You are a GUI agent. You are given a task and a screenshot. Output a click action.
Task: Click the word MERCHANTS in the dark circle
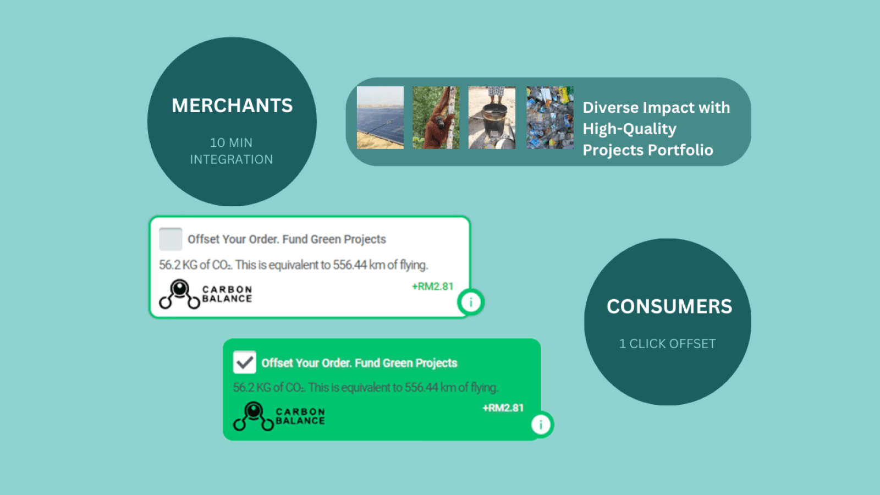(x=232, y=105)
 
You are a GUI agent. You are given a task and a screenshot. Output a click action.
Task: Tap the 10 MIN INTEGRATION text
(x=232, y=151)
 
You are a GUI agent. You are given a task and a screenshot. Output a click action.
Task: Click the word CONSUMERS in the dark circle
(x=669, y=306)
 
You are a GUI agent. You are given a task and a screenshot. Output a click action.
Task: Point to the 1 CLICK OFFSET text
(x=668, y=344)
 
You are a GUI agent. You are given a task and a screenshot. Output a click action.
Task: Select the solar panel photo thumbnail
(x=380, y=118)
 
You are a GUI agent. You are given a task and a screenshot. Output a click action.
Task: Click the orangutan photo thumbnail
(x=436, y=118)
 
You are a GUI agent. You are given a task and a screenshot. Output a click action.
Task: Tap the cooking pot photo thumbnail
(x=492, y=118)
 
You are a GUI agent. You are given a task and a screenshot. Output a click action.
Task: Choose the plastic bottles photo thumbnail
(x=550, y=118)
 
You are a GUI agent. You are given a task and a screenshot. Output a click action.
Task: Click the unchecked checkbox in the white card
(x=170, y=239)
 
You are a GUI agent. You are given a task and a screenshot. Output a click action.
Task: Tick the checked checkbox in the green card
(x=244, y=362)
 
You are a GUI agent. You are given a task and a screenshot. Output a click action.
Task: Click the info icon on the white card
(x=471, y=302)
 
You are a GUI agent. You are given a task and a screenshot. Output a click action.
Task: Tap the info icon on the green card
(x=541, y=425)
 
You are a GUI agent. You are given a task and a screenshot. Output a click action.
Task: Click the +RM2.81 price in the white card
(x=432, y=287)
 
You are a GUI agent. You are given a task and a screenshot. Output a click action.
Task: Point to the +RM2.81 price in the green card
(x=503, y=408)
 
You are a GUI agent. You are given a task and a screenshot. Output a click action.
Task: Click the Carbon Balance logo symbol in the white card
(x=179, y=294)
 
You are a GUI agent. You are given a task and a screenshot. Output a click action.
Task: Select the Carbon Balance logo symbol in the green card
(x=254, y=416)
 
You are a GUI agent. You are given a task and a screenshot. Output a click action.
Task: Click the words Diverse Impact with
(x=656, y=108)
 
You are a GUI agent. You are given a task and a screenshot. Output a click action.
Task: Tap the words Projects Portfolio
(x=648, y=150)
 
